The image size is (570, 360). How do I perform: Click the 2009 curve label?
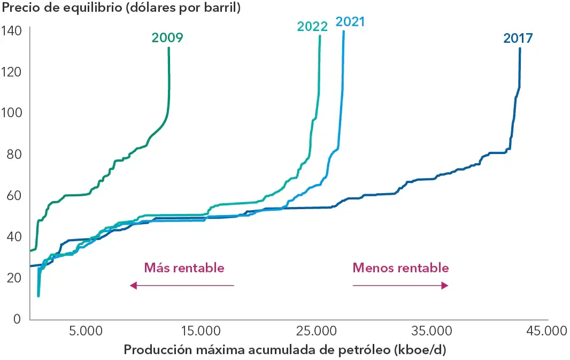coord(167,38)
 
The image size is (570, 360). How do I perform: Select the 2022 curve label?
coord(312,27)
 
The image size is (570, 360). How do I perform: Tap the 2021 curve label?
coord(350,22)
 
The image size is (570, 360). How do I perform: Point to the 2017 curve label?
coord(518,38)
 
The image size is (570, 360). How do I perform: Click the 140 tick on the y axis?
coord(11,30)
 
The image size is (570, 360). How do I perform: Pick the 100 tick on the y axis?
coord(11,113)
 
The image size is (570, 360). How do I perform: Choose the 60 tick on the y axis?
coord(14,195)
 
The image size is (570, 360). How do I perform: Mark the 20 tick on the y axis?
coord(14,278)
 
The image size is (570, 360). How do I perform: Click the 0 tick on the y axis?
coord(17,319)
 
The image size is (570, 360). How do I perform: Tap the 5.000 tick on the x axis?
coord(86,331)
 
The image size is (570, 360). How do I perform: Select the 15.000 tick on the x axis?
coord(201,331)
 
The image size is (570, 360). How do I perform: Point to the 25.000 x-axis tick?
coord(316,331)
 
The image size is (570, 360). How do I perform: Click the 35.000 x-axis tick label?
coord(432,331)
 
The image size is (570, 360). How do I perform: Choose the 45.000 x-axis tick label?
coord(546,331)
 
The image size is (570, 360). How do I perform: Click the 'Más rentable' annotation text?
coord(184,268)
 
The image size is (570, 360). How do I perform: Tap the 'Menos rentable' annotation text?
coord(400,268)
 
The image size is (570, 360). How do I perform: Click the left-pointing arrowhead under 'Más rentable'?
coord(134,286)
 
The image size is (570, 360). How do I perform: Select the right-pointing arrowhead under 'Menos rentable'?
coord(444,286)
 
